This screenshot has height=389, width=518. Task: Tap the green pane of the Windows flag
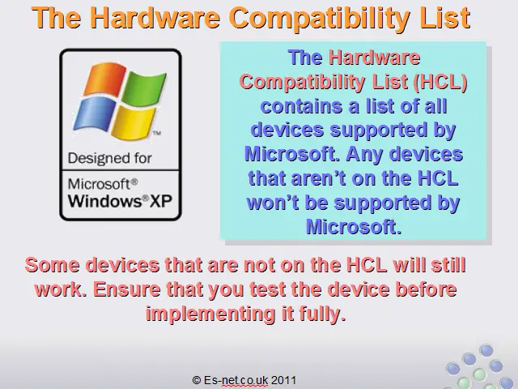point(144,88)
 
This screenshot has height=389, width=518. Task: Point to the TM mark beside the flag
point(157,133)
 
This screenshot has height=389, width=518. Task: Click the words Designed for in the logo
point(110,159)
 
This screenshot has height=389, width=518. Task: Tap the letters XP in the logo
point(161,201)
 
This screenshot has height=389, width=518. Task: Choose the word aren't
point(318,178)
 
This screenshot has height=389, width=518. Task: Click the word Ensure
point(127,289)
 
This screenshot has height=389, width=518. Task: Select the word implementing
point(210,314)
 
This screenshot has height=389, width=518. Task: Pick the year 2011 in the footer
point(283,380)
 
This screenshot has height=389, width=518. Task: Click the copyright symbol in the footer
point(197,380)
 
